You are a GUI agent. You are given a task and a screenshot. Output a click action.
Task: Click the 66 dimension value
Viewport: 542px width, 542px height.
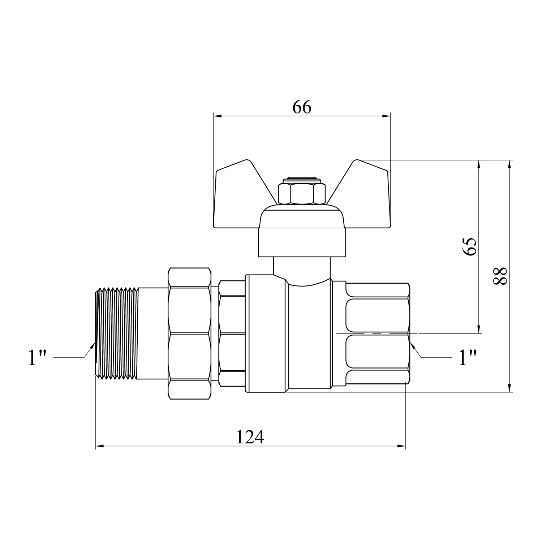pyautogui.click(x=302, y=107)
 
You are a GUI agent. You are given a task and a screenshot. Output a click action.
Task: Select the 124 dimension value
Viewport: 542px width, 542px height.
pyautogui.click(x=250, y=437)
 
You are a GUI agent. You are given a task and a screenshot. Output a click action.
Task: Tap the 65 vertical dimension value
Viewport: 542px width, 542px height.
pyautogui.click(x=470, y=247)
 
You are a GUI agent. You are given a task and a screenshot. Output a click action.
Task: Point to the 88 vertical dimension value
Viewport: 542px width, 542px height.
pyautogui.click(x=500, y=276)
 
